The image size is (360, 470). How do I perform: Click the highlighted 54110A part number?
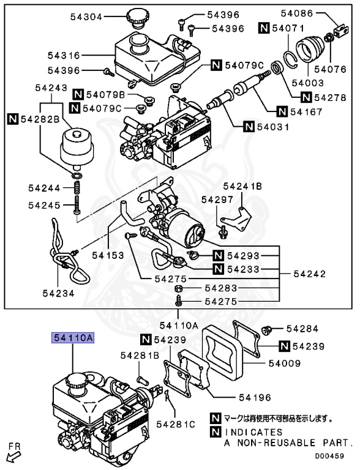72,337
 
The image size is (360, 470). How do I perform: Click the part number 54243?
51,88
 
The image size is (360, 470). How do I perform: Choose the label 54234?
58,293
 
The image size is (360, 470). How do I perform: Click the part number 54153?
109,254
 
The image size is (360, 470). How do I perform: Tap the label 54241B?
242,185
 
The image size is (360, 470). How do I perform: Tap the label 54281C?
175,423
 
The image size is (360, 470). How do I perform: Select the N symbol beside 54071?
263,28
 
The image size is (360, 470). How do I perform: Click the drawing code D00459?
330,455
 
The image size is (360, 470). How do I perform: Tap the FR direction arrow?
13,453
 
